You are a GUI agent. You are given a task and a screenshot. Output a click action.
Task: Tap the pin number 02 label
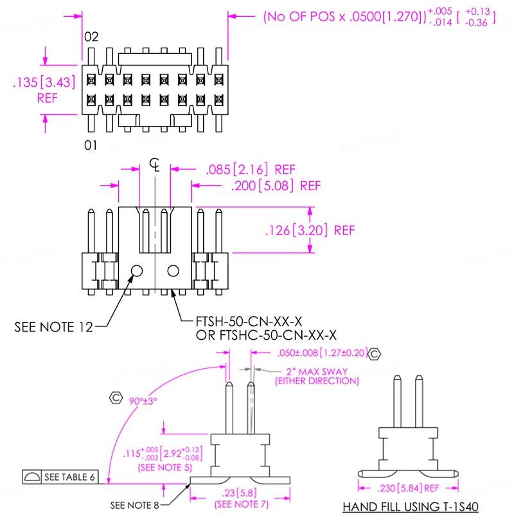(91, 37)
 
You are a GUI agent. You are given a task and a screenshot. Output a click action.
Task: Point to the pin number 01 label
(91, 146)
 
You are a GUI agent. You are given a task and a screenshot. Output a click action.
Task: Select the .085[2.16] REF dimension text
(250, 170)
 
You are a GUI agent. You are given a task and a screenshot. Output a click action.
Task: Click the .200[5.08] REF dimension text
(275, 186)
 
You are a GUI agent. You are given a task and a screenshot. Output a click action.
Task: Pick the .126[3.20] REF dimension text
(309, 230)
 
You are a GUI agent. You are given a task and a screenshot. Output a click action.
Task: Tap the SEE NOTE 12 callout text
(53, 327)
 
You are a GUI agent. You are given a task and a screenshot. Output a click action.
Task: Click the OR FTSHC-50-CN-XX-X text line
(267, 335)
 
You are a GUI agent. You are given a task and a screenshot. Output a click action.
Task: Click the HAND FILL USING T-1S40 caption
(410, 506)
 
